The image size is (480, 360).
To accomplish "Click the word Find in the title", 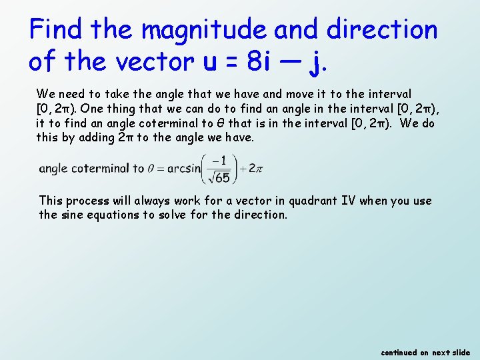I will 55,29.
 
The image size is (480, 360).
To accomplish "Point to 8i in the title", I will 258,61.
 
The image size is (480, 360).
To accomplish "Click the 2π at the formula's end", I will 255,169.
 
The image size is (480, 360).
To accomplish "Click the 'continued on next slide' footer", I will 425,352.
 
